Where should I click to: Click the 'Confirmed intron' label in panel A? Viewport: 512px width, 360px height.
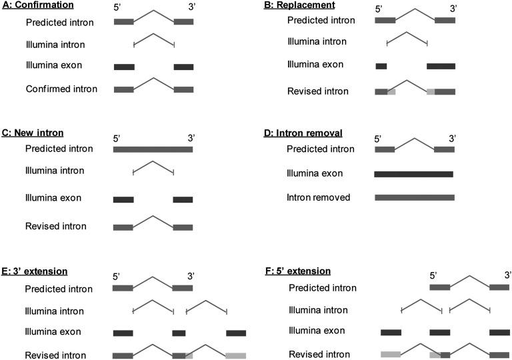[61, 89]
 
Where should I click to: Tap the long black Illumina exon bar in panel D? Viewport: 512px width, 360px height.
[413, 174]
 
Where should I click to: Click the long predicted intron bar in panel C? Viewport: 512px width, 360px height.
[153, 149]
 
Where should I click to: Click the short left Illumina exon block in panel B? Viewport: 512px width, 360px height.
[381, 66]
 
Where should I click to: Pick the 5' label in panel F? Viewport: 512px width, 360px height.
[434, 274]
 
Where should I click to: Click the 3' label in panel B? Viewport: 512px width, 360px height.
[453, 9]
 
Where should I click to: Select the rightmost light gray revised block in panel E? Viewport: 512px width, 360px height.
[236, 356]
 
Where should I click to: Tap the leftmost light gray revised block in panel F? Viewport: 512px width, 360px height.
[390, 355]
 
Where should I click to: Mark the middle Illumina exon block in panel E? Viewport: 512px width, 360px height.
[179, 333]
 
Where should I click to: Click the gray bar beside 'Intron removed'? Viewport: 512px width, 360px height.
[414, 197]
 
